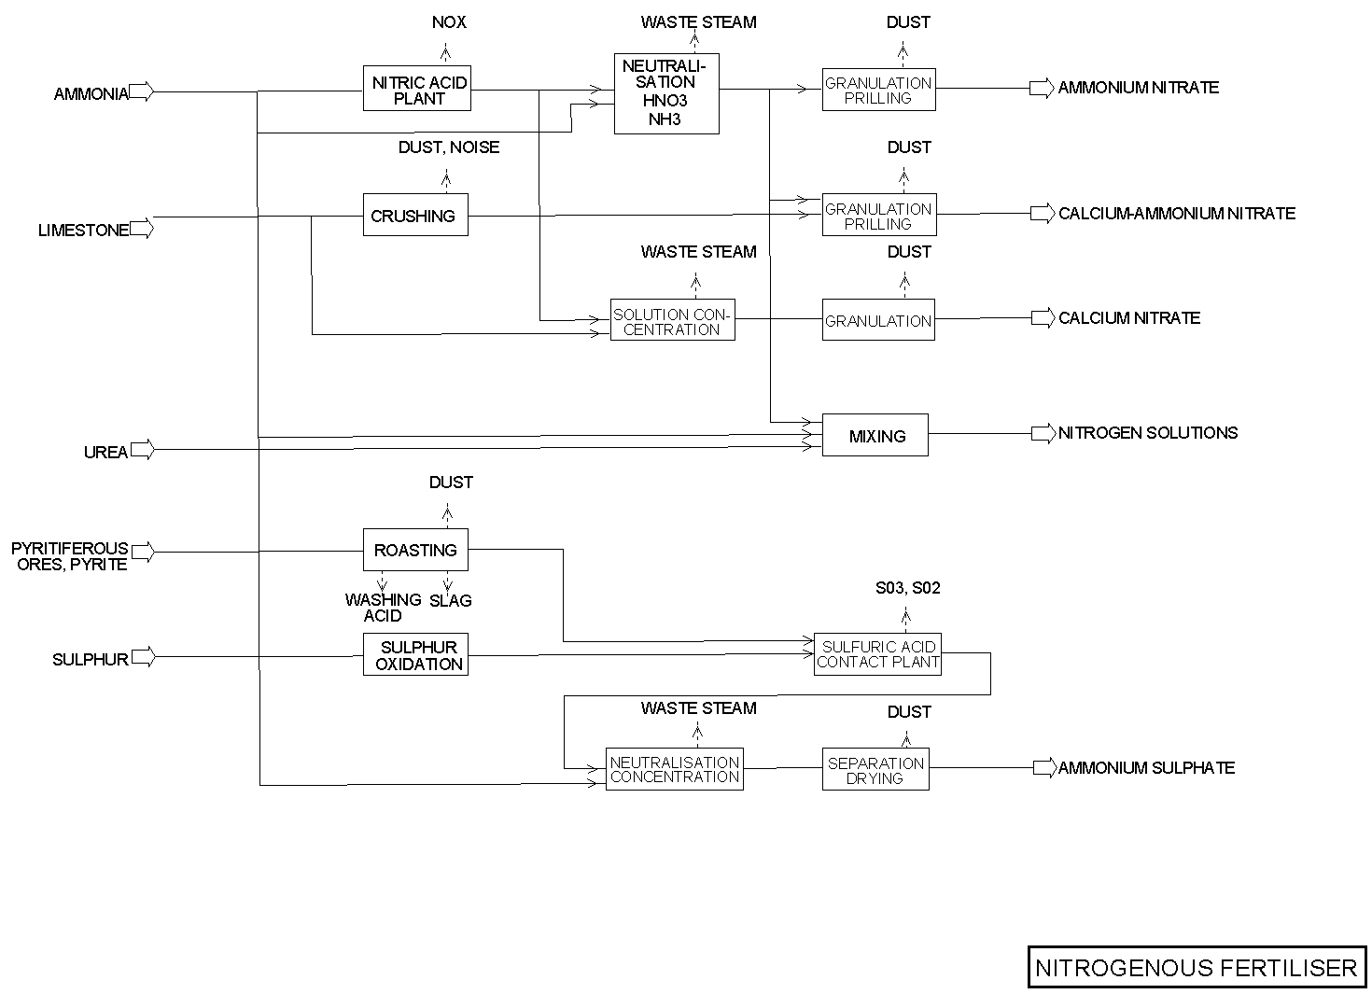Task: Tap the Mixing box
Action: coord(875,435)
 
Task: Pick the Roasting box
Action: coord(415,550)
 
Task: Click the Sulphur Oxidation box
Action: coord(415,655)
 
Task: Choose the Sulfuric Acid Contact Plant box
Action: coord(877,653)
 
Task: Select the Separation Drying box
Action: coord(875,770)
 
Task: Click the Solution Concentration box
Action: coord(672,321)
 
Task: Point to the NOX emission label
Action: coord(449,21)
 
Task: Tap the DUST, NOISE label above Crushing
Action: coord(449,147)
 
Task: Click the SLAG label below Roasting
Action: coord(451,600)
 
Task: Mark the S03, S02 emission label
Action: coord(908,588)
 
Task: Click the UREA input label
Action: coord(105,452)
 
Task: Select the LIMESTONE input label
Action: coord(83,230)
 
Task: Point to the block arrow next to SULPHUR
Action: coord(143,657)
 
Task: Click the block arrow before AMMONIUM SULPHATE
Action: coord(1043,767)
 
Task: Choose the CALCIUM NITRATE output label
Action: coord(1129,317)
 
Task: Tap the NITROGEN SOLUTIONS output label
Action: coord(1148,432)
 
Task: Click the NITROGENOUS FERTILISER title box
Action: coord(1197,967)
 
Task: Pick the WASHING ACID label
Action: coord(383,608)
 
